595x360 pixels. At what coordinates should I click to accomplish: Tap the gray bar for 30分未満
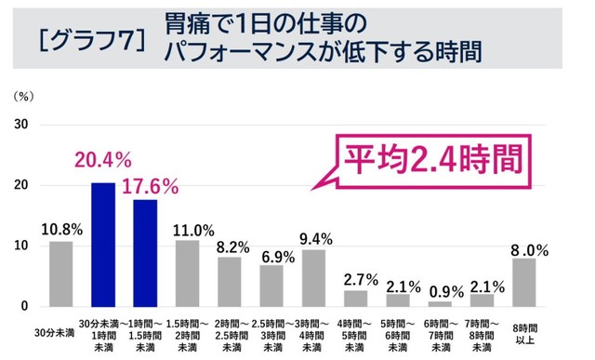[x=60, y=273]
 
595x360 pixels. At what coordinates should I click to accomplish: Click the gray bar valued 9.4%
[x=313, y=277]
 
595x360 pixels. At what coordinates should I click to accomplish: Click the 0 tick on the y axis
[x=24, y=306]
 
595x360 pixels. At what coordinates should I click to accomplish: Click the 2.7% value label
[x=355, y=277]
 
